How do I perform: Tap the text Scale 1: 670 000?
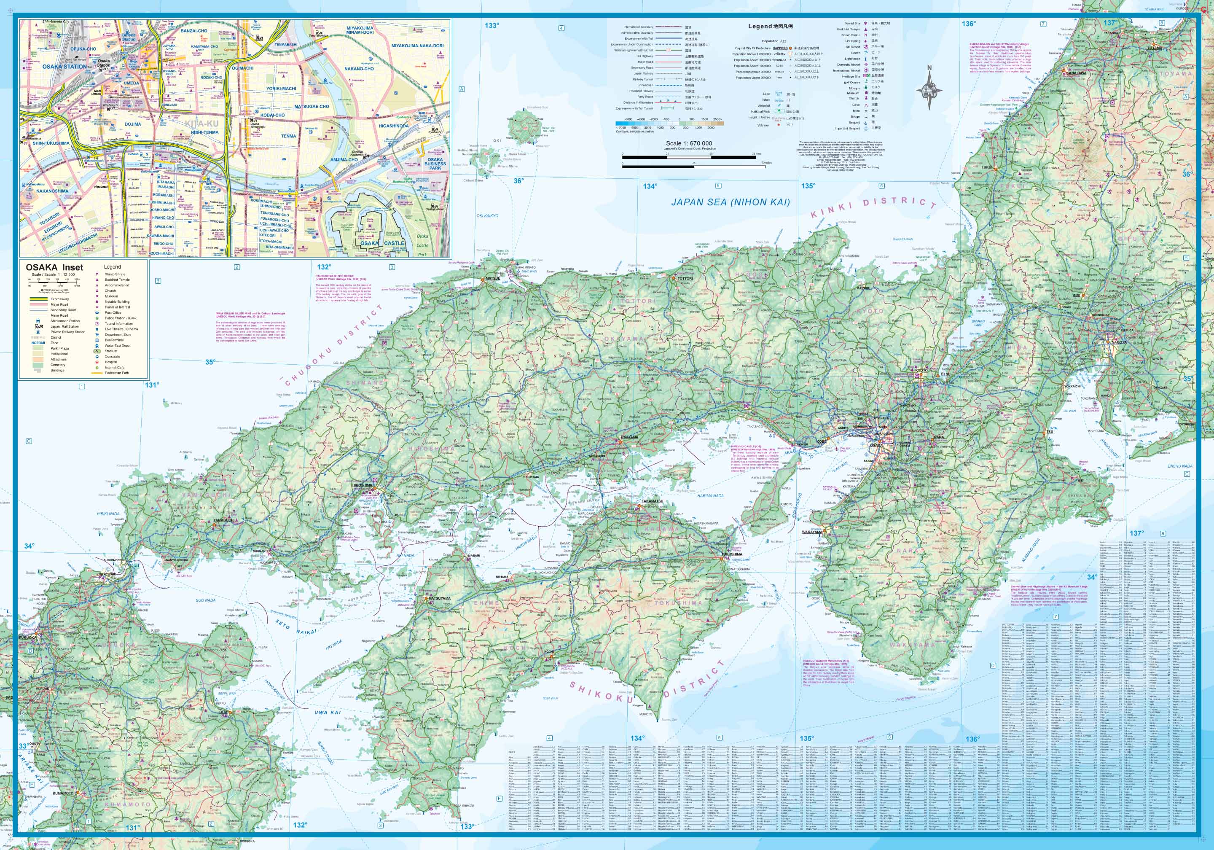coord(688,143)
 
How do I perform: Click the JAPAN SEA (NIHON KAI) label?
coord(730,202)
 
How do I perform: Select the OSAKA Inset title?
coord(54,267)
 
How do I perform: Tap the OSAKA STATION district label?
coord(64,67)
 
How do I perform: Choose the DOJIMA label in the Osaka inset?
coord(133,124)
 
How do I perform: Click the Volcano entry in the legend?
coord(763,125)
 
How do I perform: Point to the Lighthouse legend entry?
coord(852,59)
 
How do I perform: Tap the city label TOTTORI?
coord(685,278)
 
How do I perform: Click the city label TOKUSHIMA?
coord(732,554)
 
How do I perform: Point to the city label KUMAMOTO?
coord(63,794)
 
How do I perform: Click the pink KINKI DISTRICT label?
coord(873,207)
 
